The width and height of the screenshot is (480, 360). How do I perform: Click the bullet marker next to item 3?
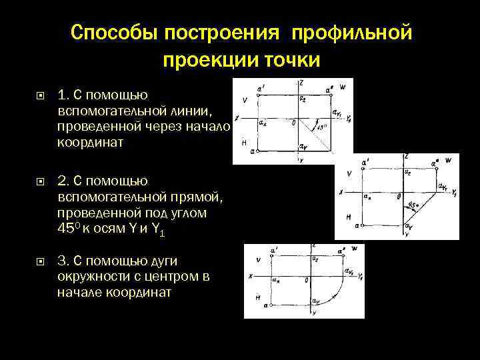click(x=41, y=263)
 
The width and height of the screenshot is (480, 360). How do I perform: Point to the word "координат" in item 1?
click(x=91, y=142)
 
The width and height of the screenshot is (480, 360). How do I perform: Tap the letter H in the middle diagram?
click(x=348, y=217)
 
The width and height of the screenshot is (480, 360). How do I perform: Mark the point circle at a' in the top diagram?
click(x=259, y=95)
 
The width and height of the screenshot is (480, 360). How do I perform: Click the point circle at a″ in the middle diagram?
click(x=437, y=169)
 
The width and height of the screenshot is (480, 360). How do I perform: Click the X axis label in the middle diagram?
click(x=341, y=192)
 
